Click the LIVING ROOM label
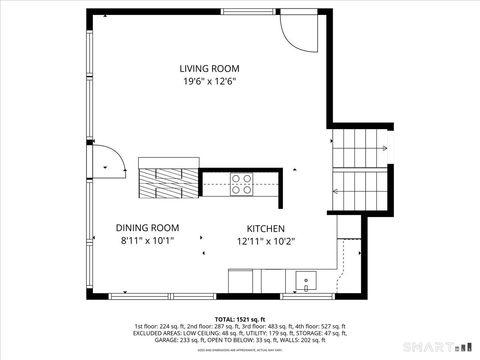pos(209,69)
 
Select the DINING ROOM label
pos(147,227)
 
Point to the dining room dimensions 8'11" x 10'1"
pos(147,241)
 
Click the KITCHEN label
pos(266,228)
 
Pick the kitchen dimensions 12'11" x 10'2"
pos(266,241)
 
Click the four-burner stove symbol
pos(242,183)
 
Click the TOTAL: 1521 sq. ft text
pos(240,317)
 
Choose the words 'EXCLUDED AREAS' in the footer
pos(161,334)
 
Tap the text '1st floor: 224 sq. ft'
pos(162,326)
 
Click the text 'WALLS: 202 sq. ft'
pos(302,341)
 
